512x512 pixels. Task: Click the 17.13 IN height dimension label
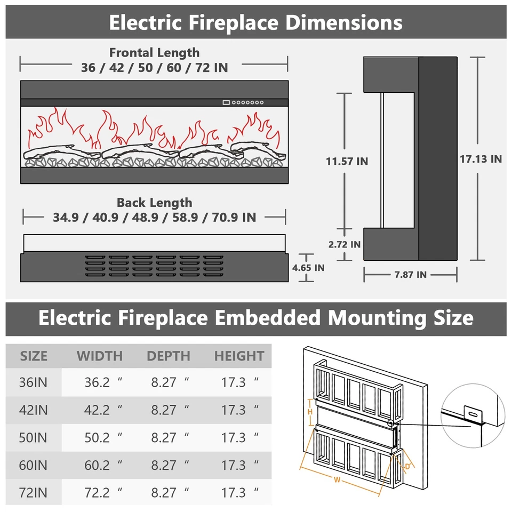[x=481, y=159]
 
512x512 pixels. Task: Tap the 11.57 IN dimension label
[x=347, y=161]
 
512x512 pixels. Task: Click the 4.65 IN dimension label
[x=308, y=267]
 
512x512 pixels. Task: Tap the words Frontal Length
[x=154, y=53]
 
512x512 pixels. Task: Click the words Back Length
[x=154, y=203]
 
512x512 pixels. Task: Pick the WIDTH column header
[x=100, y=356]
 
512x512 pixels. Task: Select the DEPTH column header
[x=169, y=356]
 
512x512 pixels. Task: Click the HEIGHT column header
[x=239, y=356]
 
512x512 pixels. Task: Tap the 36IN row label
[x=34, y=382]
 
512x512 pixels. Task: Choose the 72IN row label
[x=34, y=492]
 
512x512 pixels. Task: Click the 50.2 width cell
[x=97, y=437]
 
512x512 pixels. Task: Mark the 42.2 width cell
[x=97, y=410]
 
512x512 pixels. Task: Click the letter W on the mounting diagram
[x=337, y=479]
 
